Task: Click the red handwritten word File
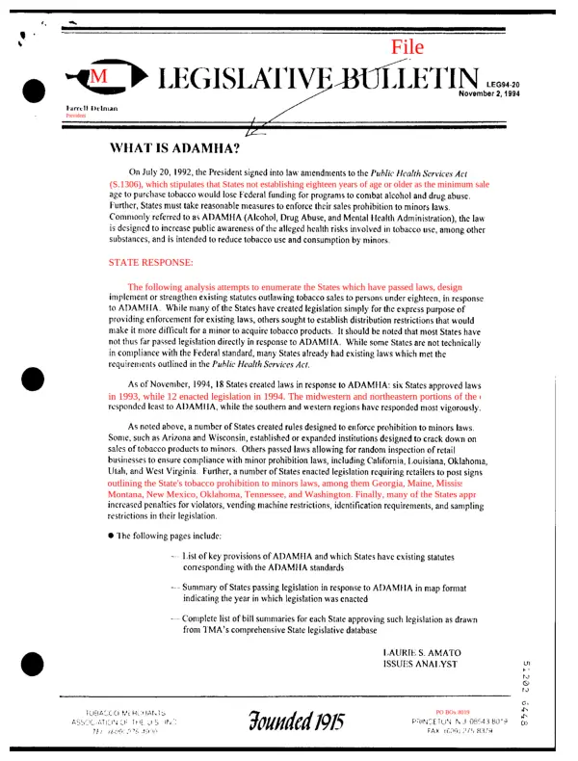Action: pos(408,45)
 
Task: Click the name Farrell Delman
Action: pos(92,108)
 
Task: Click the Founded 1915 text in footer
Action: pos(296,720)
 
